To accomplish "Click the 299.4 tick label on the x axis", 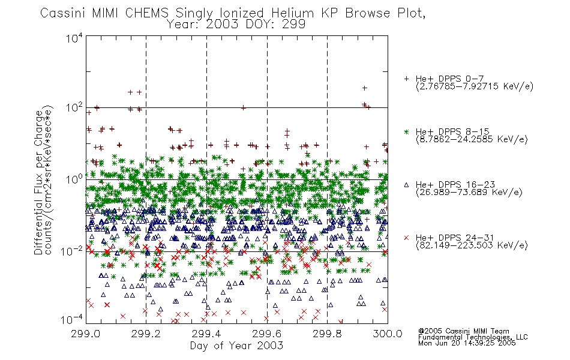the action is pyautogui.click(x=206, y=334).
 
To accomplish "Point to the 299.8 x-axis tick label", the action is pyautogui.click(x=327, y=334).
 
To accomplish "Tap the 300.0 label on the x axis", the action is pyautogui.click(x=388, y=334).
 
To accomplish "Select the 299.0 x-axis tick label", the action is pyautogui.click(x=85, y=334).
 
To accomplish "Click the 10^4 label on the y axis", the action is pyautogui.click(x=74, y=38).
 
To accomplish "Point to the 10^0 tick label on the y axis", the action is pyautogui.click(x=74, y=179).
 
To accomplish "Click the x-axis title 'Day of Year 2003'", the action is pyautogui.click(x=236, y=346).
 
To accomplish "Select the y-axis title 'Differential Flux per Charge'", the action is pyautogui.click(x=38, y=182).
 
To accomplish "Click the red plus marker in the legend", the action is pyautogui.click(x=406, y=79).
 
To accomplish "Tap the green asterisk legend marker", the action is pyautogui.click(x=406, y=132).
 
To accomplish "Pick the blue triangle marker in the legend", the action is pyautogui.click(x=406, y=185).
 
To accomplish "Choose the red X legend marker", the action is pyautogui.click(x=406, y=238).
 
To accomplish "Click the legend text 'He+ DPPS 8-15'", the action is pyautogui.click(x=452, y=131).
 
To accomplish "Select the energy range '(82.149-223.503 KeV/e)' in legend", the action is pyautogui.click(x=472, y=245).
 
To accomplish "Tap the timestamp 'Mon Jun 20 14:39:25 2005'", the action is pyautogui.click(x=467, y=343).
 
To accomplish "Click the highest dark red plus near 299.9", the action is pyautogui.click(x=365, y=88).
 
